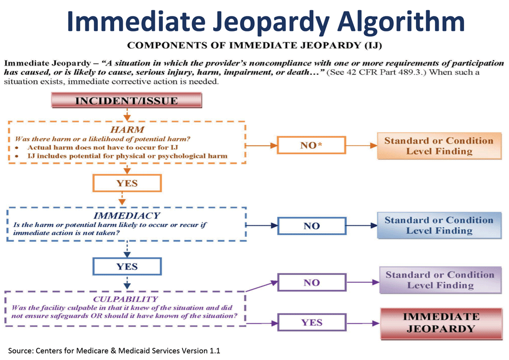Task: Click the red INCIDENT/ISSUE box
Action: click(x=125, y=101)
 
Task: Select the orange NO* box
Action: click(x=311, y=145)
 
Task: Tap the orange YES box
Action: click(x=127, y=183)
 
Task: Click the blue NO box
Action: click(x=311, y=226)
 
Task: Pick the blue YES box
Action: click(x=127, y=266)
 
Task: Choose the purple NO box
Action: click(x=311, y=283)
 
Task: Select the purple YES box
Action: click(x=311, y=323)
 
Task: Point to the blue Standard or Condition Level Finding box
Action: click(x=438, y=225)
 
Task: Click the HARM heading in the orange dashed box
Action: click(x=127, y=130)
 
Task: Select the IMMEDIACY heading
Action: click(x=127, y=215)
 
